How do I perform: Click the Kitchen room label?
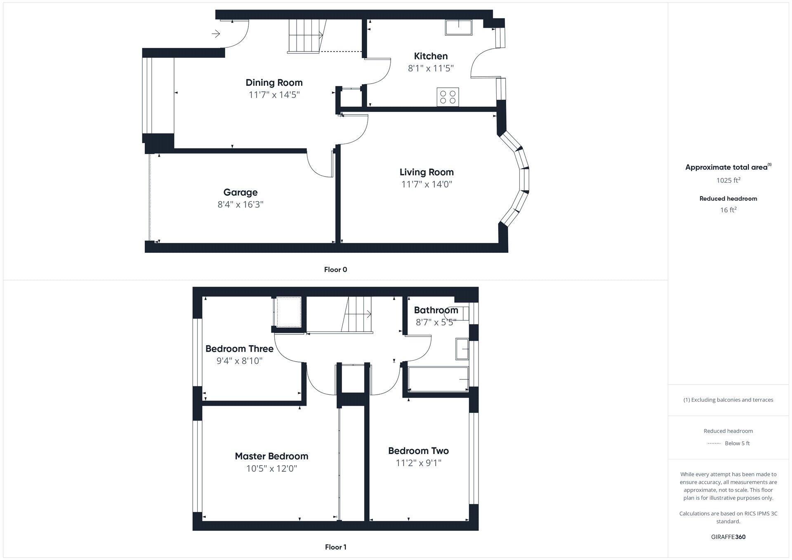(x=431, y=56)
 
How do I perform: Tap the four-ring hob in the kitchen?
(x=448, y=97)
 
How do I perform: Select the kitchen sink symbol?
(x=458, y=27)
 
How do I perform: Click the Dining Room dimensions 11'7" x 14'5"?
(x=274, y=95)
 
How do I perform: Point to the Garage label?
(x=240, y=192)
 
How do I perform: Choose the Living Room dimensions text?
(x=427, y=184)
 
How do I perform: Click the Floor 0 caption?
(x=335, y=270)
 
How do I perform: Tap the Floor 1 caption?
(x=335, y=547)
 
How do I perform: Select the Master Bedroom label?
(x=271, y=456)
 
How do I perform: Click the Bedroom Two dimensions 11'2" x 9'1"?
(x=418, y=463)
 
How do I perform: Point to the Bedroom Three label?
(x=239, y=349)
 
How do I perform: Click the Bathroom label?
(x=436, y=310)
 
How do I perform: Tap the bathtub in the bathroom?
(x=438, y=379)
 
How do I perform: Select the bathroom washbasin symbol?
(x=462, y=349)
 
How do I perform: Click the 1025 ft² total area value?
(x=728, y=180)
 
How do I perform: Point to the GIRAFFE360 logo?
(x=728, y=537)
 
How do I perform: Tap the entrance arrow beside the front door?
(x=216, y=34)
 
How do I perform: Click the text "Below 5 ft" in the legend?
(x=737, y=443)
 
